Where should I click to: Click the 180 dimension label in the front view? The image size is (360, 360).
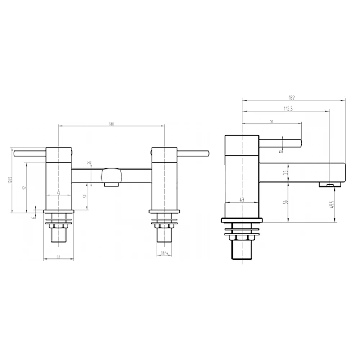coord(111,124)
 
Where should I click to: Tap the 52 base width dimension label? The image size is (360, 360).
coord(58,256)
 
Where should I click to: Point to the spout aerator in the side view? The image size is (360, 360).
coord(330,185)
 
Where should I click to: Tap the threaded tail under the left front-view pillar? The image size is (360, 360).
coord(58,236)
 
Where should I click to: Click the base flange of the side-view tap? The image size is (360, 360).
coord(242,220)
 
